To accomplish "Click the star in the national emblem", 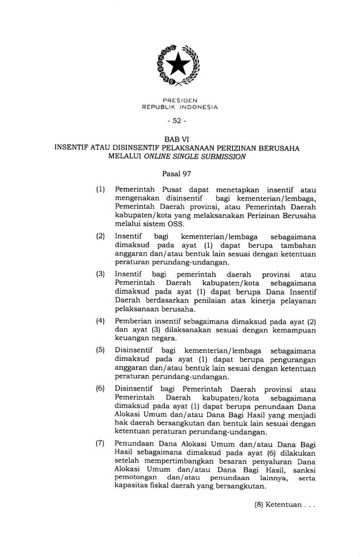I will click(x=179, y=65).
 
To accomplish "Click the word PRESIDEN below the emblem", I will click(x=180, y=100).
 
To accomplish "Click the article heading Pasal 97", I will click(x=180, y=174).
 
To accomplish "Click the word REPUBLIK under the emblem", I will click(x=161, y=106).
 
